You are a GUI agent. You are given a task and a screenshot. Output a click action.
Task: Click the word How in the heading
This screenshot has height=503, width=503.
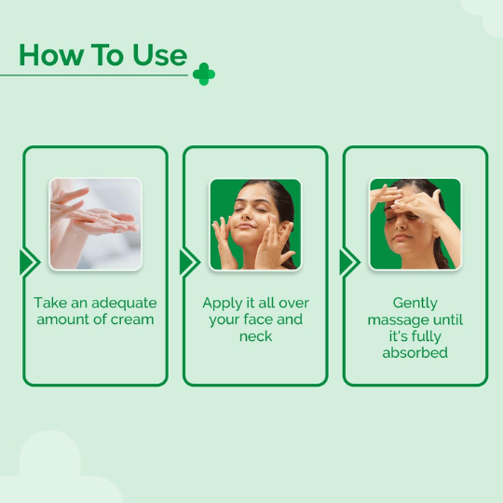(x=50, y=55)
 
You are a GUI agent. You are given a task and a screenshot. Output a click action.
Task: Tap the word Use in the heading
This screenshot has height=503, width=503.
(x=160, y=55)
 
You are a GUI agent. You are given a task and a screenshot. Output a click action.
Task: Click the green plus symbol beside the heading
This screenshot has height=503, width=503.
(x=204, y=75)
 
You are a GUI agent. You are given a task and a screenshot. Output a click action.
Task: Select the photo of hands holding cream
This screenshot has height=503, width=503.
(x=96, y=224)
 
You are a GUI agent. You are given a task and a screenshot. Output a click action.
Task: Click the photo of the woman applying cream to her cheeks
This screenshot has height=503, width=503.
(x=255, y=224)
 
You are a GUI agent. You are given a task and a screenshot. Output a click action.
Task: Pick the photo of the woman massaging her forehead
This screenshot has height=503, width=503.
(x=415, y=224)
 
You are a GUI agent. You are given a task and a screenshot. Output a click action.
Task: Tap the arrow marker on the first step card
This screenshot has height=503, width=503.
(x=30, y=263)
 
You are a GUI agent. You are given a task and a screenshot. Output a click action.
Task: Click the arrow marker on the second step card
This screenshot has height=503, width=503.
(x=190, y=263)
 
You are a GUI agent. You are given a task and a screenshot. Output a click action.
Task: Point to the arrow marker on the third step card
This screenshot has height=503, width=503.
(x=350, y=263)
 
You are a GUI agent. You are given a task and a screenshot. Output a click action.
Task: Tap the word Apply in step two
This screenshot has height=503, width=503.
(x=222, y=304)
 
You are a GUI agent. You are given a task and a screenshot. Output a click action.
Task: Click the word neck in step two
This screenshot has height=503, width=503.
(x=255, y=336)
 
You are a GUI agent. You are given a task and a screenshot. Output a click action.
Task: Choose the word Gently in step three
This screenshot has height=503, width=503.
(x=415, y=304)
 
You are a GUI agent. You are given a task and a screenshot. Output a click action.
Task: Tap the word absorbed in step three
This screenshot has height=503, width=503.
(x=415, y=352)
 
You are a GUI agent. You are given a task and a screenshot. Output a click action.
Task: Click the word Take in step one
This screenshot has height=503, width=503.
(x=50, y=303)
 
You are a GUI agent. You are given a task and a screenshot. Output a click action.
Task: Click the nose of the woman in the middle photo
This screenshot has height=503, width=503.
(x=246, y=218)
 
